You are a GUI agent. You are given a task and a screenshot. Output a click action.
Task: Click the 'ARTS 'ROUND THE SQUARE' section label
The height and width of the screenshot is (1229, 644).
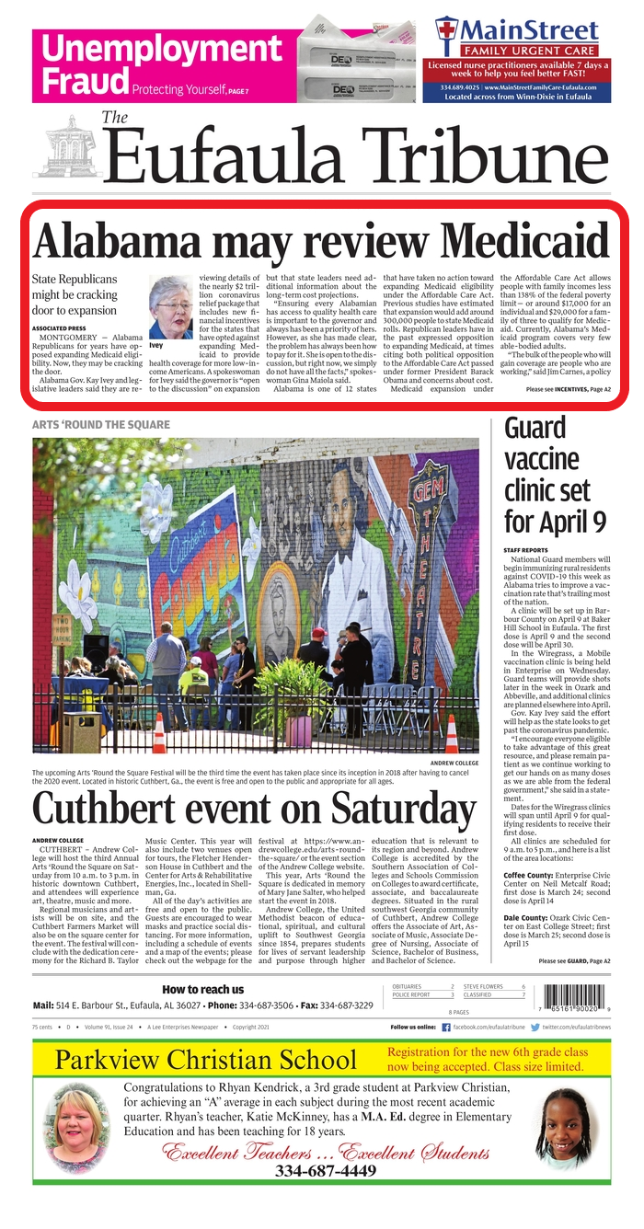tap(100, 424)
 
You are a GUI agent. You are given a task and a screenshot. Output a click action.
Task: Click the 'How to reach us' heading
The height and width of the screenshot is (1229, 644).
tap(202, 989)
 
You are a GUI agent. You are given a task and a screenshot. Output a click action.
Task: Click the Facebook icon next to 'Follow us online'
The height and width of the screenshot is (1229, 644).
tap(446, 1027)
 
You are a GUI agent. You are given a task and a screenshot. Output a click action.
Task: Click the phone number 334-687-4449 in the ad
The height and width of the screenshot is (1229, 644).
tap(325, 1171)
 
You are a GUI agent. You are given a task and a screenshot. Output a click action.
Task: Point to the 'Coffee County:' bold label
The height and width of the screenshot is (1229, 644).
tap(527, 849)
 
